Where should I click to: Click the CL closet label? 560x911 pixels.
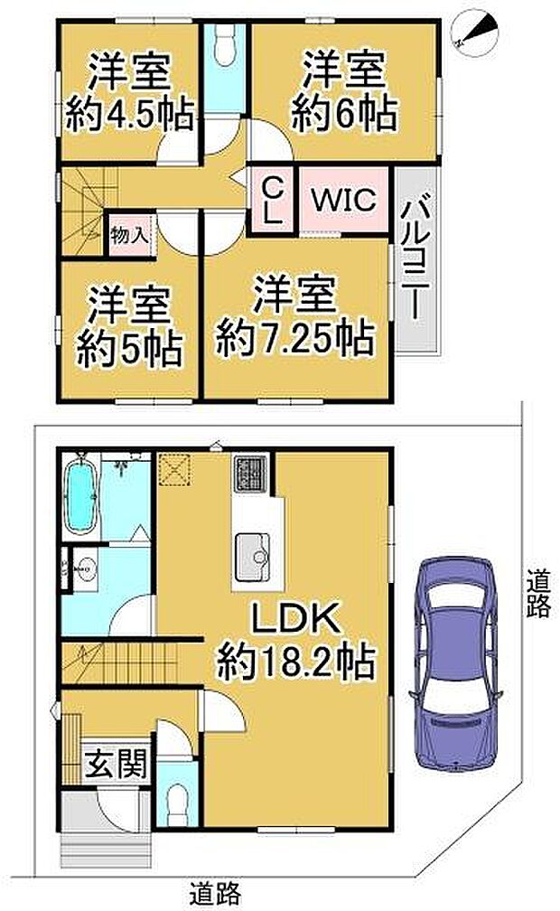273,201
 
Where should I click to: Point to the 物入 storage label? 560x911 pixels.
129,235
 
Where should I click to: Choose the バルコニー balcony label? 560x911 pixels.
415,259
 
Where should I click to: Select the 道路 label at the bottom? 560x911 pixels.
216,892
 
